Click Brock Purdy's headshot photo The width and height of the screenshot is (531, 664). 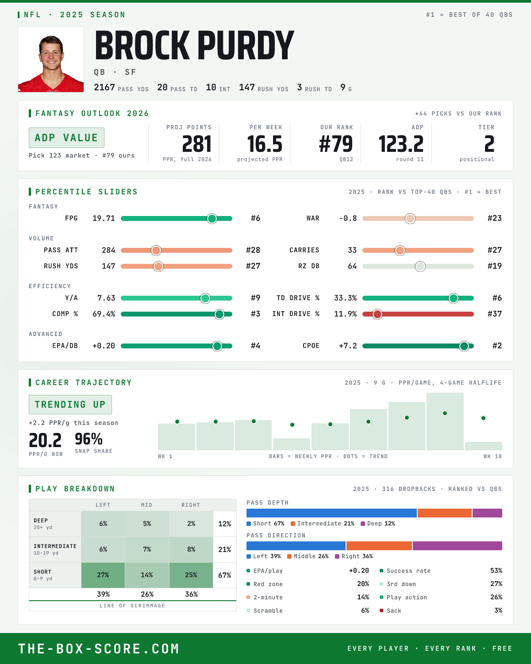point(51,59)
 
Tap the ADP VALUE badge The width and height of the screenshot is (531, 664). point(66,138)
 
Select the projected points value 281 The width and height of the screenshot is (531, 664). point(196,144)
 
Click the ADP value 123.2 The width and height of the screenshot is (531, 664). point(401,144)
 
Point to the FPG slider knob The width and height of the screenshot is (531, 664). point(212,218)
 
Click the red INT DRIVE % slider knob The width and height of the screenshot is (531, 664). point(377,314)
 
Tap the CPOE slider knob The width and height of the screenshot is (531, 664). point(464,346)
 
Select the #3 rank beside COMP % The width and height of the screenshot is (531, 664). point(255,314)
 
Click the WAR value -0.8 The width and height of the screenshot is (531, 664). point(348,218)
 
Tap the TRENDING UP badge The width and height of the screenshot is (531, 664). point(70,405)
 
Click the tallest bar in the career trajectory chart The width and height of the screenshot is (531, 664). point(445,421)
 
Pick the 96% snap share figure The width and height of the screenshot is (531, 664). point(88,439)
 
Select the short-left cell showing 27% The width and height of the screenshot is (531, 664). point(103,575)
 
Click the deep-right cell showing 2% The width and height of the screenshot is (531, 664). point(191,524)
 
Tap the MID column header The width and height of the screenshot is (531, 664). point(146,505)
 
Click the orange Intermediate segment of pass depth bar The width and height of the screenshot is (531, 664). point(445,513)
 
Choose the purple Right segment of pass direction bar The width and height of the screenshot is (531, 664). point(457,546)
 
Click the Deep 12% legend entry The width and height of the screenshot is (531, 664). point(377,524)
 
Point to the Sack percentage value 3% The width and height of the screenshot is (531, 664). point(498,610)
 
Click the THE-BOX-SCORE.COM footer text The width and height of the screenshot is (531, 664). point(99,649)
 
